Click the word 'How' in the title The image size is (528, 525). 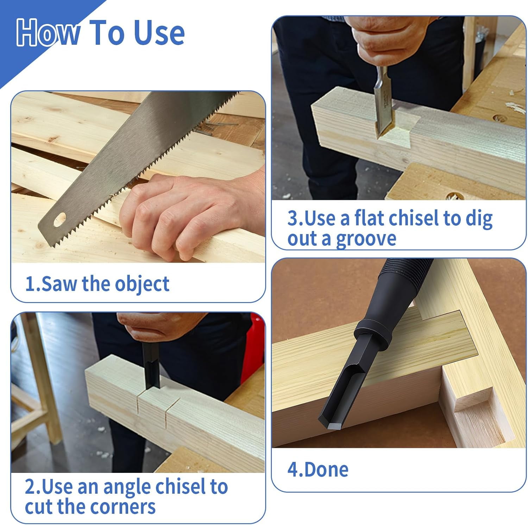(48, 33)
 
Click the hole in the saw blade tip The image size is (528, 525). (60, 220)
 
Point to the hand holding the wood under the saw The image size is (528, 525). (190, 211)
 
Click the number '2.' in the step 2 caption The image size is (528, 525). (33, 487)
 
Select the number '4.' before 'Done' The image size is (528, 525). (295, 470)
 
